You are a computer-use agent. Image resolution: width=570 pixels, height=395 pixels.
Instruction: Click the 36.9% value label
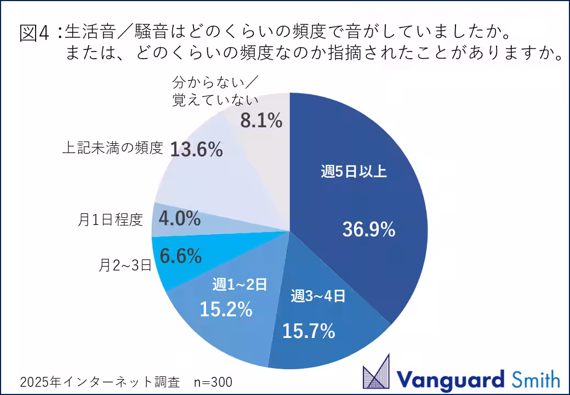[368, 230]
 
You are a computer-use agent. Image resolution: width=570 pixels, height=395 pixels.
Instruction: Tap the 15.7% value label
[309, 331]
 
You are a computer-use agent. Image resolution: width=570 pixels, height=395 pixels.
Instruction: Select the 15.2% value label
[226, 310]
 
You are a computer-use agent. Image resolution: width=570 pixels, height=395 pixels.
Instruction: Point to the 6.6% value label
[180, 255]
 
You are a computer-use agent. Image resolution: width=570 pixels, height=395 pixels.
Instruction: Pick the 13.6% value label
[196, 149]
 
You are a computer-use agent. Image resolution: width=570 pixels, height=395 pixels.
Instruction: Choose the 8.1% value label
[261, 120]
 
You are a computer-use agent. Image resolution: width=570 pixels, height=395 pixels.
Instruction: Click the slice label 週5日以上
[354, 172]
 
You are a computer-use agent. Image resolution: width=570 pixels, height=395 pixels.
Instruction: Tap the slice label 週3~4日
[318, 297]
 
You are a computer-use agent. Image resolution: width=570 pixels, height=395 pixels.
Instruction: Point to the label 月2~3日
[125, 266]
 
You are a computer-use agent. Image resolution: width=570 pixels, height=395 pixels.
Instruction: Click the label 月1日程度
[110, 220]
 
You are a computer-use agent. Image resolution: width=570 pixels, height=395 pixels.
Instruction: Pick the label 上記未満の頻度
[112, 148]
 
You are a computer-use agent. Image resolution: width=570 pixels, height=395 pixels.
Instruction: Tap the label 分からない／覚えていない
[215, 92]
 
